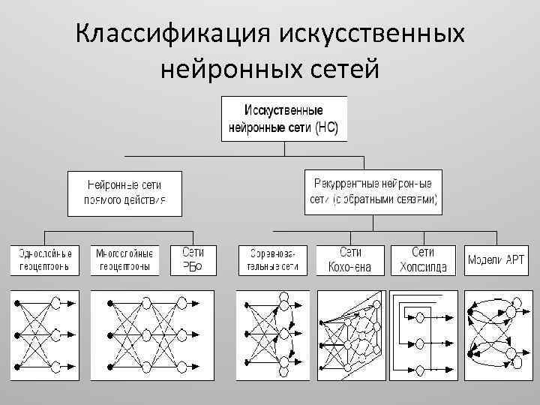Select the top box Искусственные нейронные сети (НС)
click(283, 118)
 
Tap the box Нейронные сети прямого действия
click(124, 193)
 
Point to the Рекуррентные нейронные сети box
click(373, 191)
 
